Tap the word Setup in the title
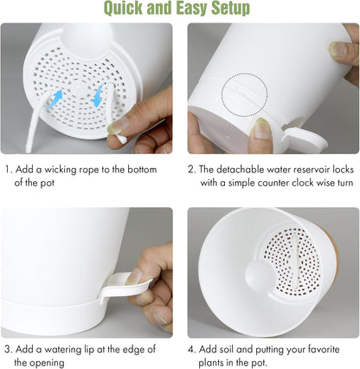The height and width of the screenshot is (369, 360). (230, 9)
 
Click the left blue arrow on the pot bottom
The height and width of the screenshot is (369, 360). (55, 100)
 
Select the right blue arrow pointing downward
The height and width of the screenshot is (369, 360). (98, 95)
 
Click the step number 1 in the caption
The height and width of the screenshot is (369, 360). (8, 170)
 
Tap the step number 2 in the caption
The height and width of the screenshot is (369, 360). (192, 170)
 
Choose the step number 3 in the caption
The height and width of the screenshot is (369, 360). (8, 350)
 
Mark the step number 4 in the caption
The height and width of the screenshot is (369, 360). (192, 350)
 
